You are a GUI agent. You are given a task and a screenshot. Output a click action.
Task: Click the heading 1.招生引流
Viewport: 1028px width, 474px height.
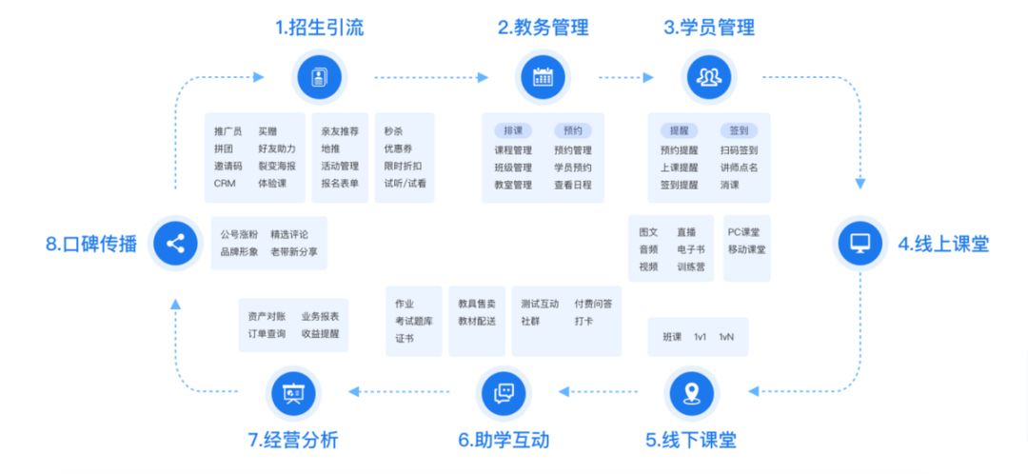coord(319,28)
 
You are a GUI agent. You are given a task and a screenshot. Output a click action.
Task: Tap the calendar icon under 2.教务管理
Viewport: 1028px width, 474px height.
coord(543,77)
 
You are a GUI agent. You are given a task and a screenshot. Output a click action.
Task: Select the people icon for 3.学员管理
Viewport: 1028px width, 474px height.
coord(709,77)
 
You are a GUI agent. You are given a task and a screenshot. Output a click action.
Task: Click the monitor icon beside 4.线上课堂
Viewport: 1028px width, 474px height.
coord(860,244)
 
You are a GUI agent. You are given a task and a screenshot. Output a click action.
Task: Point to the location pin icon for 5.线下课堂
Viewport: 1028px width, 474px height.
coord(691,393)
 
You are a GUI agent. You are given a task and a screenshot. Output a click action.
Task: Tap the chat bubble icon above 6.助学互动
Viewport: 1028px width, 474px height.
coord(504,393)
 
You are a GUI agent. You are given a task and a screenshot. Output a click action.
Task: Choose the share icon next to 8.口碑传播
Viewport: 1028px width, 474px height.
coord(175,244)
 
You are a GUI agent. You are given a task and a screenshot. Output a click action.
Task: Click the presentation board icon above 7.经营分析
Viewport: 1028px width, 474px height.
coord(293,393)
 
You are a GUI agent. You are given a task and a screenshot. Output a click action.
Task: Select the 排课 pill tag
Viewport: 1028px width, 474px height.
coord(513,130)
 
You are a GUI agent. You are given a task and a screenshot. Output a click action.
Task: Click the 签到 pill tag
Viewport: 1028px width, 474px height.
coord(739,130)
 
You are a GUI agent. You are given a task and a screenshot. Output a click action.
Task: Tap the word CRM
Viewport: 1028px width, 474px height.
coord(225,184)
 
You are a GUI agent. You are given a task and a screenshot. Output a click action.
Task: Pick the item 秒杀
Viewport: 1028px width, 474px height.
coord(393,131)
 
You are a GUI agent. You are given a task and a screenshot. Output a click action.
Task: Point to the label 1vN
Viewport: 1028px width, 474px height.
coord(726,337)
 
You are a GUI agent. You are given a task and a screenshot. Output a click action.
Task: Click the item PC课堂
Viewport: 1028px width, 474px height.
coord(743,232)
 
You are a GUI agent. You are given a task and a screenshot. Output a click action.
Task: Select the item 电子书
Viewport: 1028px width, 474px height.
coord(691,249)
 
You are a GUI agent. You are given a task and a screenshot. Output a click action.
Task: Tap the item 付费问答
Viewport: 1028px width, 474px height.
coord(593,304)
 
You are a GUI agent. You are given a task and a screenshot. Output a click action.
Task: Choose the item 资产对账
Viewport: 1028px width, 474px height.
coord(267,316)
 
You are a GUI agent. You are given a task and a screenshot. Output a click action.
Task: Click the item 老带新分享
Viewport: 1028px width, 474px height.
coord(294,251)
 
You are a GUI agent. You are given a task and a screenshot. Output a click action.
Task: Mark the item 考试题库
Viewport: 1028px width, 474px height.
coord(414,322)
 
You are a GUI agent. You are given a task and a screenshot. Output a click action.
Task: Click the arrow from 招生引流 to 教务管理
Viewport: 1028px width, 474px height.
coord(431,77)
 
